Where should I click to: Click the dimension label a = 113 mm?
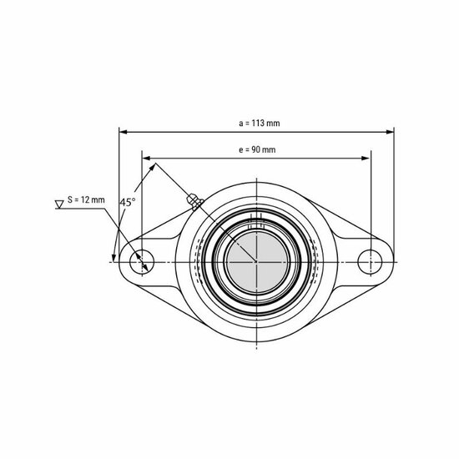point(259,123)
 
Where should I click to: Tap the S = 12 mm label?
point(86,200)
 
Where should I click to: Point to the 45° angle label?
point(127,203)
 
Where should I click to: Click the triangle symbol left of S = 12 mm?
point(58,203)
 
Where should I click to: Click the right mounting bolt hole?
point(370,260)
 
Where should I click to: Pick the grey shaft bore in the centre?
point(256,260)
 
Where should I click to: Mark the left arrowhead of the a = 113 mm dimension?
point(124,131)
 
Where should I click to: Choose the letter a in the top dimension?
point(240,124)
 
